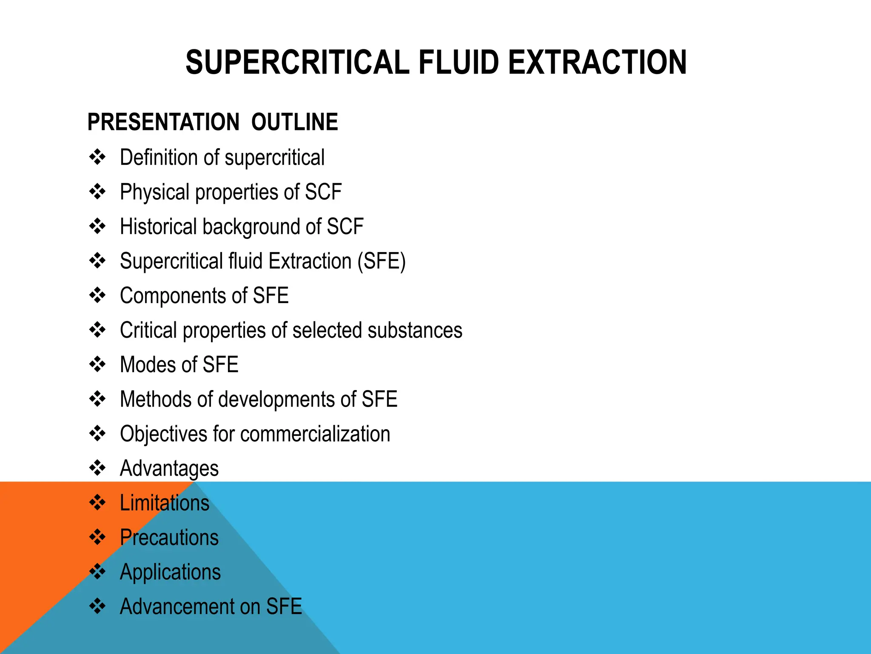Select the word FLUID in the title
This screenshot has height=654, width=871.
point(459,62)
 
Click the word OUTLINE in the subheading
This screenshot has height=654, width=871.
point(294,122)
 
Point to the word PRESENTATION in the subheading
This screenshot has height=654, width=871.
point(163,122)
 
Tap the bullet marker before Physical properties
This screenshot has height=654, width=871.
point(97,192)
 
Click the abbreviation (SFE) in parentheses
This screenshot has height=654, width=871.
point(381,261)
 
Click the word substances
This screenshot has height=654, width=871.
point(415,330)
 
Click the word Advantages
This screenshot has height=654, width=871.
point(169,468)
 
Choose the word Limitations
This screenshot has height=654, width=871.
point(165,503)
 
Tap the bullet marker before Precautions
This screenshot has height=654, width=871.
point(97,537)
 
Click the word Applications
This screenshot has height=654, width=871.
point(170,572)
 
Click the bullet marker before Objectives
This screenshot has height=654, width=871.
point(97,434)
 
